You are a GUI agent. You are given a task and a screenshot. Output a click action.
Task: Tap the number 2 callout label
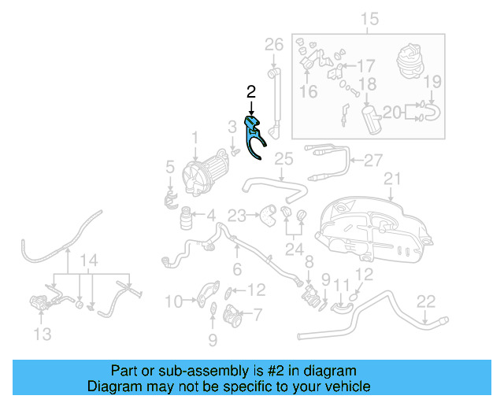[250, 92]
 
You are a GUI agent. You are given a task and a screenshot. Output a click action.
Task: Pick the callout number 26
[273, 45]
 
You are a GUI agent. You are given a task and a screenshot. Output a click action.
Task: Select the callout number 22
[425, 300]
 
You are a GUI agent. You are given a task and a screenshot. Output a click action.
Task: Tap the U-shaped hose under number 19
[433, 117]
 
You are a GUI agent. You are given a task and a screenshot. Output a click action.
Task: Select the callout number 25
[283, 160]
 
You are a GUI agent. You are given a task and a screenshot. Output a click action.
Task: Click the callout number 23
[237, 214]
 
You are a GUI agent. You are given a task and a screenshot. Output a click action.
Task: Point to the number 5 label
[169, 167]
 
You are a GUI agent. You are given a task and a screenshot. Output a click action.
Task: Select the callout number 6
[236, 268]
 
